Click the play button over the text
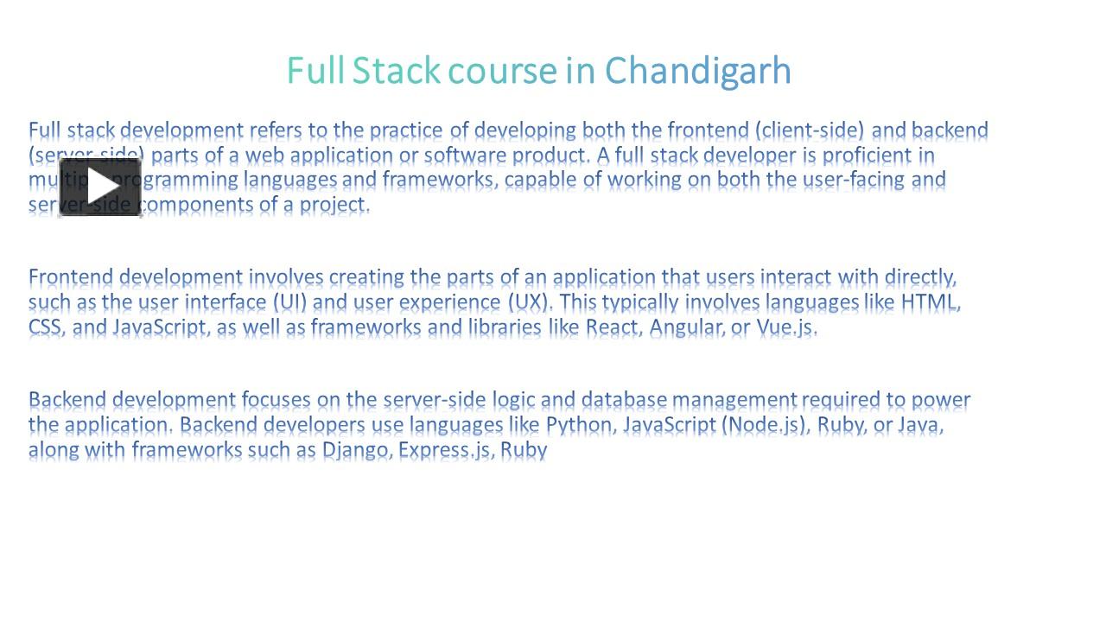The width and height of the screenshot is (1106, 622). coord(100,187)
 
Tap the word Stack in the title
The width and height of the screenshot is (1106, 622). coord(396,71)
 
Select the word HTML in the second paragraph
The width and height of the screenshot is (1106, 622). coord(930,302)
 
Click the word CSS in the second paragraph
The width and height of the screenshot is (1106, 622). coord(45,327)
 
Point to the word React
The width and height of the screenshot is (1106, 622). coord(612,327)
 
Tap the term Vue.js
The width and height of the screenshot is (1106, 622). coord(785,327)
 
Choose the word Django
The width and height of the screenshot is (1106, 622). coord(356,450)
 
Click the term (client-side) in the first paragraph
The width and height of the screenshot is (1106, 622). coord(809,130)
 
